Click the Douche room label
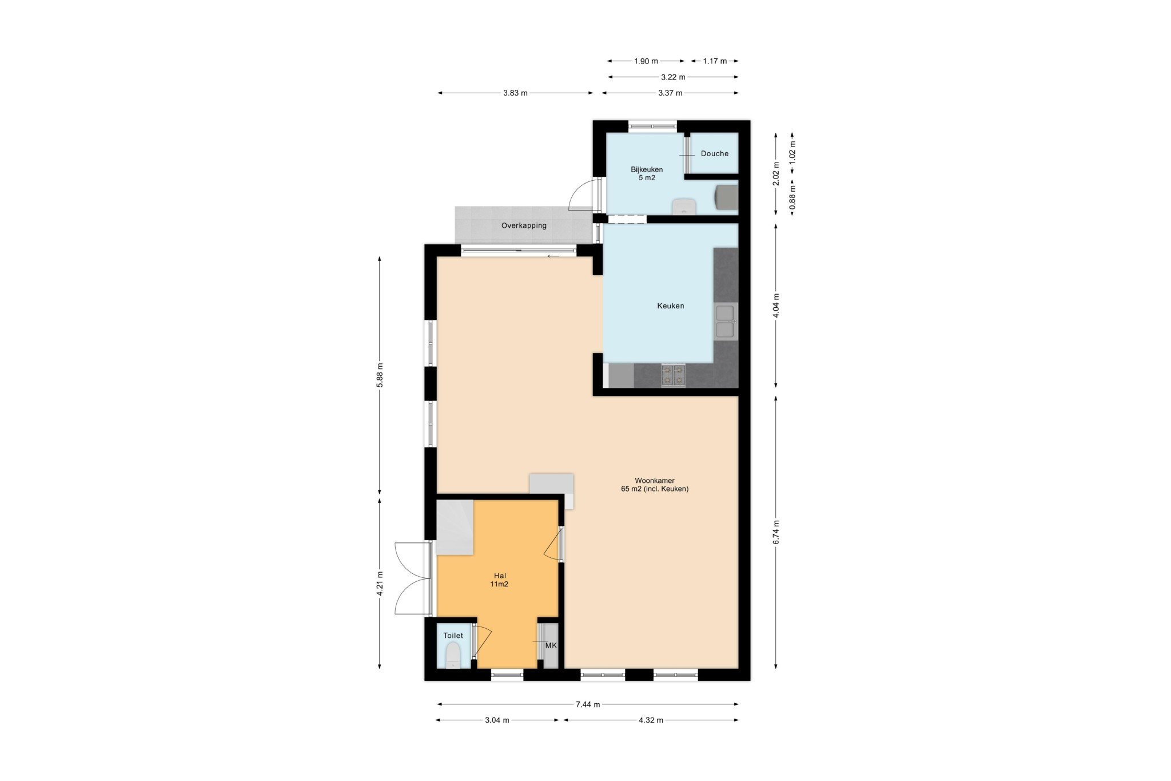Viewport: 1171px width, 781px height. (x=715, y=153)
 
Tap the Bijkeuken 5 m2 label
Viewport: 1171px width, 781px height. (x=647, y=173)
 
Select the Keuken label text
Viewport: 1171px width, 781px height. (x=671, y=306)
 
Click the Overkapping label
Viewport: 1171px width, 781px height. (x=524, y=225)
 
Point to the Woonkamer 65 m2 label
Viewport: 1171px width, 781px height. (x=655, y=485)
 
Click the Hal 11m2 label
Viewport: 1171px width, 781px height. (x=500, y=580)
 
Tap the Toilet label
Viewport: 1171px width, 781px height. (x=453, y=636)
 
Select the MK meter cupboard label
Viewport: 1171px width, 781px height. (x=551, y=645)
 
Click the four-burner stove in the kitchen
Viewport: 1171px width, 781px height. (x=673, y=375)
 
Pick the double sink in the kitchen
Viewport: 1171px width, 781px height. (x=725, y=322)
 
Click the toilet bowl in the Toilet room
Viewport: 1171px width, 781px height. (x=453, y=655)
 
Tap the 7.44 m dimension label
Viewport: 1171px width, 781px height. (x=588, y=704)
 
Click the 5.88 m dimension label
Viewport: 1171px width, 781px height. (x=380, y=375)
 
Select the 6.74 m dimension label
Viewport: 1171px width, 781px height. (x=776, y=532)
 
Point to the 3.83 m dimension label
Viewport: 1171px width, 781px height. (x=515, y=93)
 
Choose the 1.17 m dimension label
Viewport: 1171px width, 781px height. (x=715, y=61)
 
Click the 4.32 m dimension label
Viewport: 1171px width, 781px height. (x=651, y=720)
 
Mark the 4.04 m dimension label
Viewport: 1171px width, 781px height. (x=776, y=305)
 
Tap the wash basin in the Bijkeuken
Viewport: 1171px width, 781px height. (x=683, y=206)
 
